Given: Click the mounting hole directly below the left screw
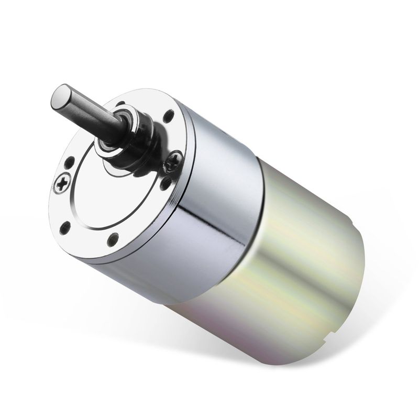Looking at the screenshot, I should pos(65,227).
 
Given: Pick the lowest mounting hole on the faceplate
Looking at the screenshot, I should pos(112,240).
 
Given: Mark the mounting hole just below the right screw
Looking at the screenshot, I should pos(166,183).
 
